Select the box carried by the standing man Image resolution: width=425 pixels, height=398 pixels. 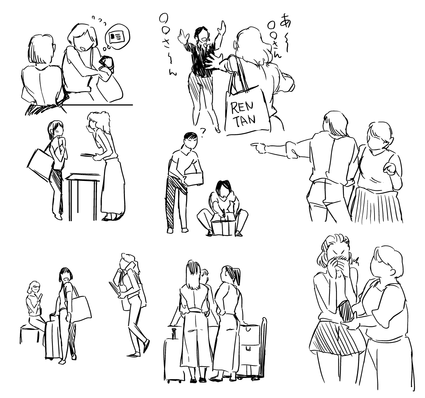pyautogui.click(x=194, y=178)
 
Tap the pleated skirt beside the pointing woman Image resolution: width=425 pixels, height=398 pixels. pyautogui.click(x=377, y=204)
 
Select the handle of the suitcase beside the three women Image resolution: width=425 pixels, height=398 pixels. pyautogui.click(x=174, y=333)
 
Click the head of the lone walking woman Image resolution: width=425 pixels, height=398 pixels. pyautogui.click(x=129, y=261)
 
